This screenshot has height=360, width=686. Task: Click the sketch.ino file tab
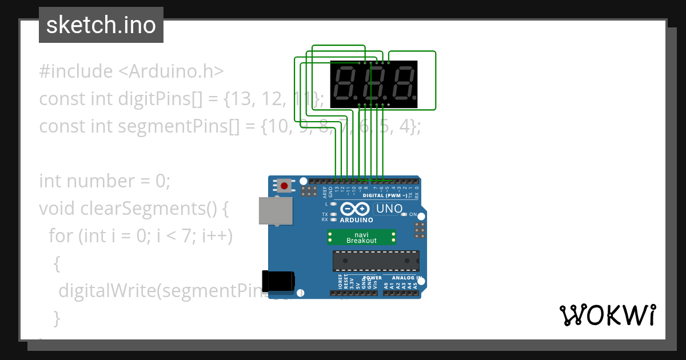click(x=101, y=25)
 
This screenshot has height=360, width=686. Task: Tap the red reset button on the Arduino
click(x=284, y=186)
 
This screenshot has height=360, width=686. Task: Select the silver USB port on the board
click(x=273, y=210)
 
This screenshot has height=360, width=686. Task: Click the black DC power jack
click(x=278, y=280)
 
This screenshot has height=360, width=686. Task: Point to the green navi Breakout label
click(x=362, y=237)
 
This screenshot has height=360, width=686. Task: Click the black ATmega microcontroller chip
click(x=376, y=261)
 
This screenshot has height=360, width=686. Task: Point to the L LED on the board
click(x=333, y=203)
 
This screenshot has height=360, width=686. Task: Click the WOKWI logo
click(x=607, y=315)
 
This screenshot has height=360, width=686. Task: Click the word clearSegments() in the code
click(x=154, y=209)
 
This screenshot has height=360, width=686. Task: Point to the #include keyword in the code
click(x=76, y=71)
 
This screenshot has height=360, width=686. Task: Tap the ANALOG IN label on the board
click(x=407, y=278)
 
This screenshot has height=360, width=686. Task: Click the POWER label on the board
click(x=372, y=278)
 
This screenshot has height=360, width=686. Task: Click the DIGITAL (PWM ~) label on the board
click(x=385, y=195)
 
